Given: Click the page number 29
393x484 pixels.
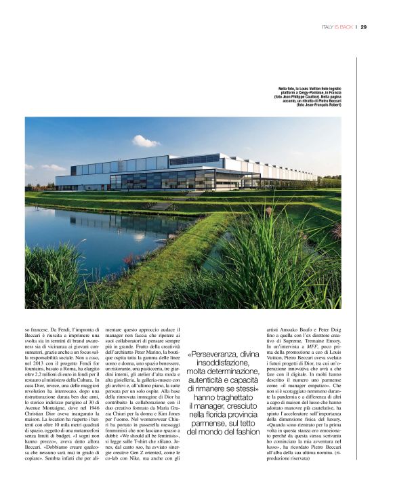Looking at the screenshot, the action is pyautogui.click(x=364, y=27).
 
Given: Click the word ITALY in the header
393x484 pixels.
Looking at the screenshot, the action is pyautogui.click(x=328, y=27).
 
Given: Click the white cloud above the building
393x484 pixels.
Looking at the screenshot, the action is pyautogui.click(x=144, y=141).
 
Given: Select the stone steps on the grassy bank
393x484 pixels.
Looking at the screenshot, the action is pyautogui.click(x=161, y=204).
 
